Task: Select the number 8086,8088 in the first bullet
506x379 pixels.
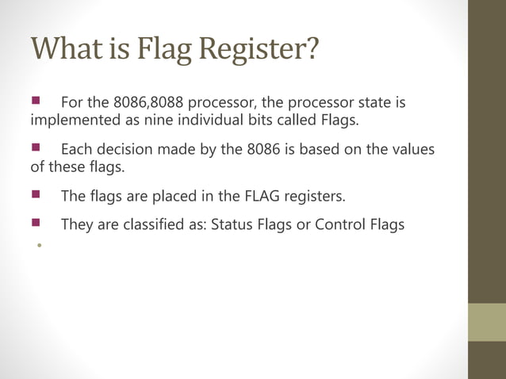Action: pyautogui.click(x=148, y=104)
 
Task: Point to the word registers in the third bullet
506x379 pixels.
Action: pyautogui.click(x=318, y=195)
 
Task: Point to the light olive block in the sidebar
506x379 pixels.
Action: pyautogui.click(x=486, y=322)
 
